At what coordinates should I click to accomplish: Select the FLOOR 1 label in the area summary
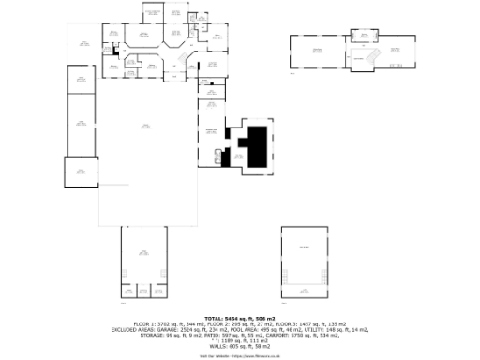[x=145, y=324]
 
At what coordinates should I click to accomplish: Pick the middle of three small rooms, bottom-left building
[x=143, y=291]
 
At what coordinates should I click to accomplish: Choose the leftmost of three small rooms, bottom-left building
[x=127, y=291]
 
